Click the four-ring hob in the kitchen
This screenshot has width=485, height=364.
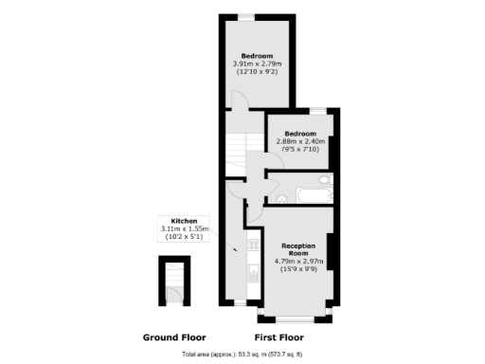[x=253, y=246]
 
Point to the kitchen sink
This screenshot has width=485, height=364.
[x=253, y=273]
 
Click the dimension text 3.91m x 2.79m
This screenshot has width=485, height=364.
[x=258, y=64]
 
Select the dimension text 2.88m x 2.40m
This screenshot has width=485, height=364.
[x=301, y=141]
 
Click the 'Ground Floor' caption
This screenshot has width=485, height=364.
[x=173, y=337]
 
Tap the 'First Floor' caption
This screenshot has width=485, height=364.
[x=279, y=337]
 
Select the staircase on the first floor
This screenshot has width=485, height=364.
[x=235, y=147]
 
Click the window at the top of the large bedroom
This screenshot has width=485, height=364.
[x=245, y=15]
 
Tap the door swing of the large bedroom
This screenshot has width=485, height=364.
[x=240, y=100]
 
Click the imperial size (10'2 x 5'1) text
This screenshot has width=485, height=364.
[x=184, y=237]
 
